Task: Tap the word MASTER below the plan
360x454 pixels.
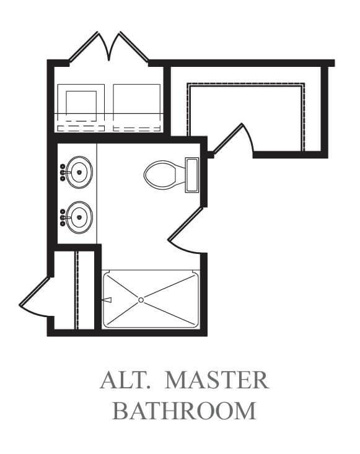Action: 217,380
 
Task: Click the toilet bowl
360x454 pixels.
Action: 160,175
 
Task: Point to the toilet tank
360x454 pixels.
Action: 191,175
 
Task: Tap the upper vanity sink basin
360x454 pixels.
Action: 79,172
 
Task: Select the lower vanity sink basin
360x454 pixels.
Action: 79,217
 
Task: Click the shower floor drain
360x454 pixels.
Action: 141,300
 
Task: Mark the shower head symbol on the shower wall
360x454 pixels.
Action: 107,300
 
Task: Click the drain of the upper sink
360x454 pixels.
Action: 79,172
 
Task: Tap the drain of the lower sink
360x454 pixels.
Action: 79,217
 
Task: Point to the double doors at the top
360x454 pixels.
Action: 108,46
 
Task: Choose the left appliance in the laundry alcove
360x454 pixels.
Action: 81,108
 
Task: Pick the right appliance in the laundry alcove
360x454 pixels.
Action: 137,108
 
